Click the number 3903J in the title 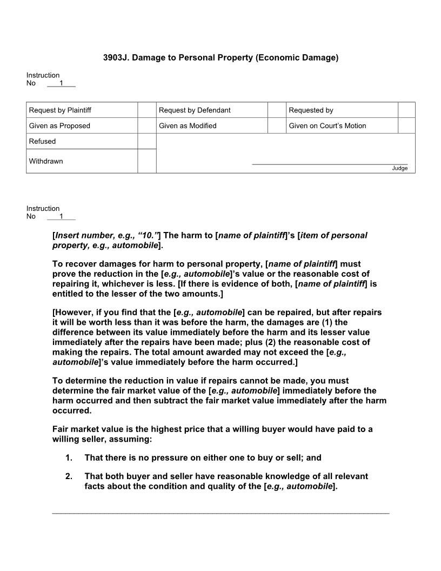(115, 57)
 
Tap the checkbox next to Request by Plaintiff (146, 110)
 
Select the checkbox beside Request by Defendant (276, 110)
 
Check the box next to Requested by (406, 110)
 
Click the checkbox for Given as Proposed (146, 125)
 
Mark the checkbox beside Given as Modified (276, 125)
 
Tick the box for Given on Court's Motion (406, 125)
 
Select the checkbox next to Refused (146, 141)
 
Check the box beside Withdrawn (146, 161)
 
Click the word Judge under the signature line (400, 168)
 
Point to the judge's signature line (330, 163)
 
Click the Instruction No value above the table (61, 83)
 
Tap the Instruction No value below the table (61, 216)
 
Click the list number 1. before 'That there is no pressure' (69, 458)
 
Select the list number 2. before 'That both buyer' (69, 476)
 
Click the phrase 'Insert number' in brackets (81, 235)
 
